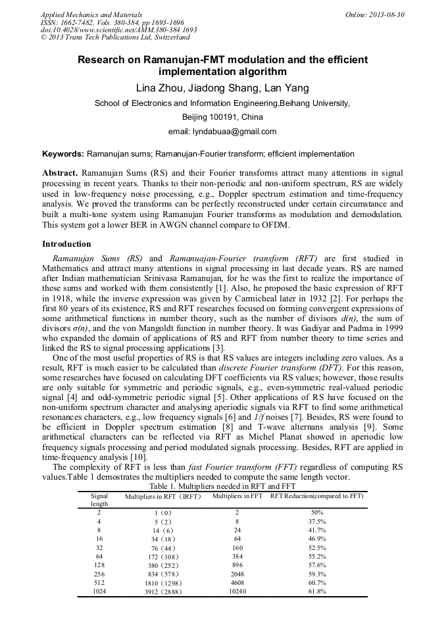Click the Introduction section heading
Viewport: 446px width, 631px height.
pos(69,244)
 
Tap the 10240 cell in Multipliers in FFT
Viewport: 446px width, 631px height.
pos(237,591)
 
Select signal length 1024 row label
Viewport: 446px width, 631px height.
pos(99,591)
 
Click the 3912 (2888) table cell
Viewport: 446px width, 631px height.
pos(163,591)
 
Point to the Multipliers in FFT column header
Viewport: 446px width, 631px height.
pos(237,495)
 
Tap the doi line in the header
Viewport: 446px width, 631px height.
pos(118,30)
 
